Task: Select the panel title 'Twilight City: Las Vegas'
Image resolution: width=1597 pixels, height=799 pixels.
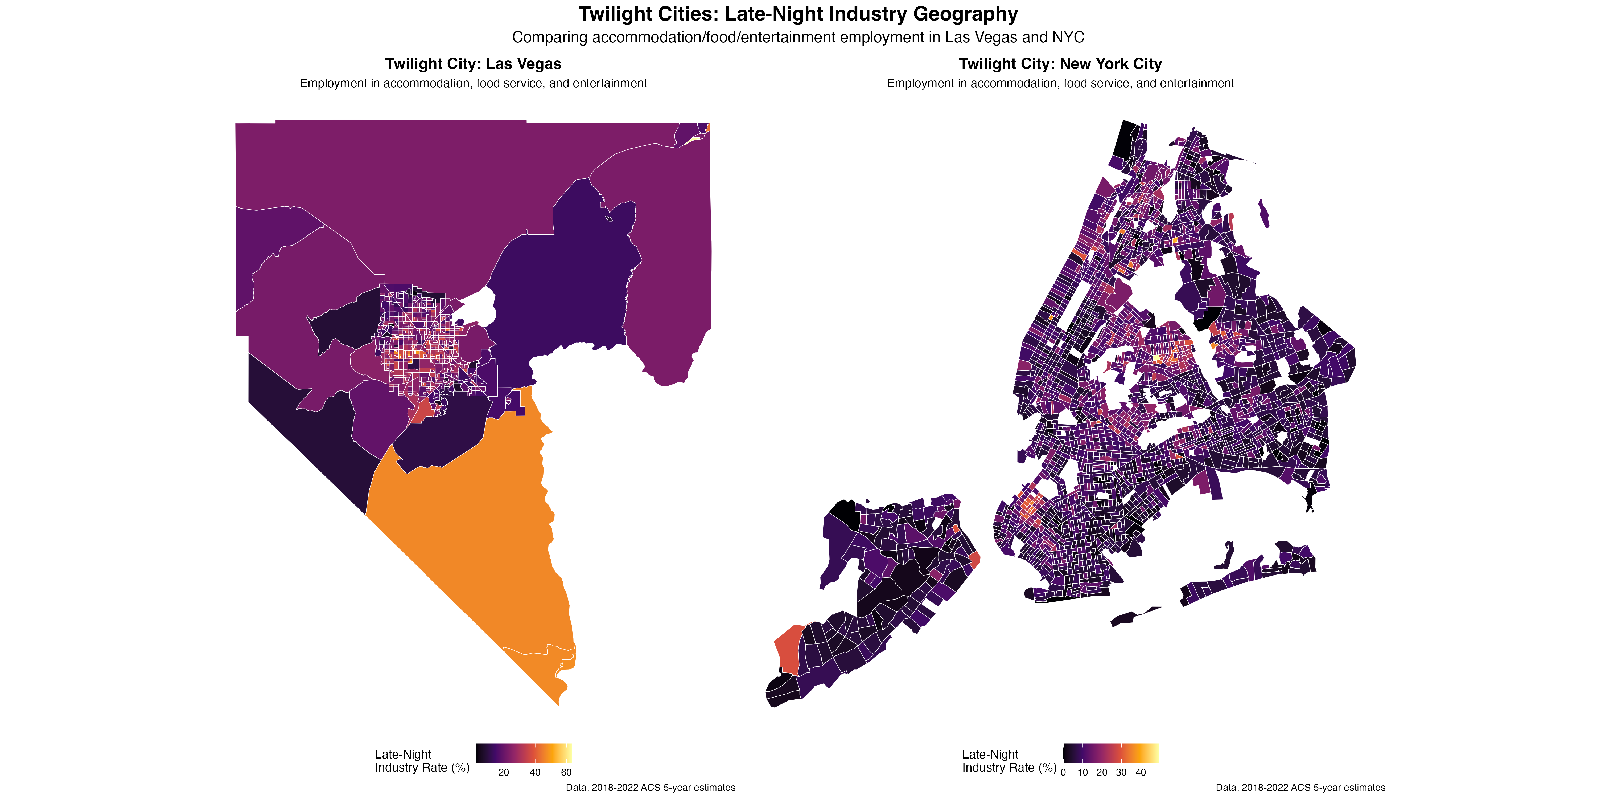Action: tap(473, 64)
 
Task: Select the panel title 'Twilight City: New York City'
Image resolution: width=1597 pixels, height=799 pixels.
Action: tap(1060, 64)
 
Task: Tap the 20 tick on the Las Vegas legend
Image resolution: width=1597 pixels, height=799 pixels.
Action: tap(503, 772)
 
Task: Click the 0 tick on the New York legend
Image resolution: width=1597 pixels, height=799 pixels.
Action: tap(1063, 772)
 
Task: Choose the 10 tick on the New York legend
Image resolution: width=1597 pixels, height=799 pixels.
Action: tap(1082, 772)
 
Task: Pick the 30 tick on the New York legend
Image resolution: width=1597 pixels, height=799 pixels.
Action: tap(1121, 772)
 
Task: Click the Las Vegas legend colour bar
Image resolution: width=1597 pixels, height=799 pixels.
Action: tap(524, 752)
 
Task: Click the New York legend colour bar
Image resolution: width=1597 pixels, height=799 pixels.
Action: tap(1111, 752)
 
